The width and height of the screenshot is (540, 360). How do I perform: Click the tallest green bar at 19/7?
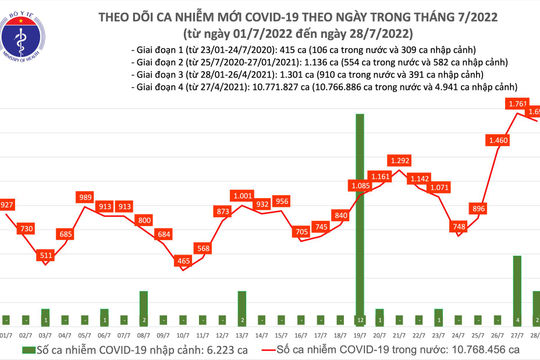pos(358,210)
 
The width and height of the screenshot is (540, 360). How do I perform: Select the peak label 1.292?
pos(400,160)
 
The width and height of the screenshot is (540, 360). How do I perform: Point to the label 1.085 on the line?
pos(358,184)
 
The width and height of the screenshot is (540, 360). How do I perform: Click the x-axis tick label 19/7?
pos(358,319)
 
